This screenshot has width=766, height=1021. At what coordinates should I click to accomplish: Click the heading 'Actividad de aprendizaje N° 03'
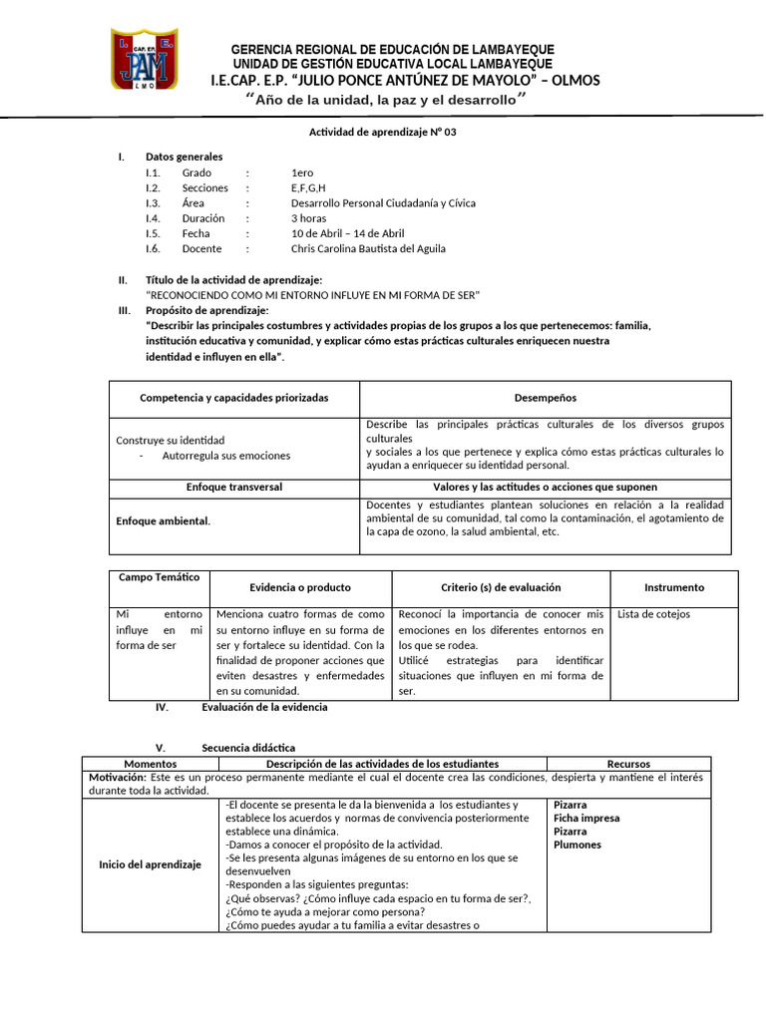click(382, 132)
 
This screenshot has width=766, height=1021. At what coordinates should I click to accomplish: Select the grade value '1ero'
click(301, 172)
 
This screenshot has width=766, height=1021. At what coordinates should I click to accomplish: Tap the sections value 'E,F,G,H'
click(308, 187)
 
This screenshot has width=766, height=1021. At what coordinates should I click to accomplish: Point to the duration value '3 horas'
click(308, 218)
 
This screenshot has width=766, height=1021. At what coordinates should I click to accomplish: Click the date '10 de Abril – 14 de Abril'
click(347, 233)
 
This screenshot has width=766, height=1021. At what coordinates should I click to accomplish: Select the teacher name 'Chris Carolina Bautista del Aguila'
click(368, 248)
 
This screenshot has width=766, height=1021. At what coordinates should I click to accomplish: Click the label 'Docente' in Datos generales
click(201, 248)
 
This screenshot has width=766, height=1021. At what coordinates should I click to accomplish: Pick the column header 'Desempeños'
click(545, 398)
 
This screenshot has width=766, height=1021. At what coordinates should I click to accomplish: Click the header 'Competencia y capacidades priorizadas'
click(233, 398)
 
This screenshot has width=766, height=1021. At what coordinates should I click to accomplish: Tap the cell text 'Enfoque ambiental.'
click(164, 520)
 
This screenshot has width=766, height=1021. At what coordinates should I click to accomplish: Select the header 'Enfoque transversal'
click(234, 487)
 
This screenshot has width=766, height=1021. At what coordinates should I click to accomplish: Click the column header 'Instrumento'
click(673, 587)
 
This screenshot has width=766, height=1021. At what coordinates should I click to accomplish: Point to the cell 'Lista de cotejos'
click(653, 614)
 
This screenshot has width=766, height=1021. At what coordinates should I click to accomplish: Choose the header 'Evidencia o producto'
click(300, 587)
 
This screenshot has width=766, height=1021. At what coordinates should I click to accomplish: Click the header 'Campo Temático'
click(160, 578)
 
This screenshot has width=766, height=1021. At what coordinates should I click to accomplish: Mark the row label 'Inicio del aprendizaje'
click(150, 863)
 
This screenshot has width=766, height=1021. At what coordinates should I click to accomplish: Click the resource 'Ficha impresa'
click(586, 819)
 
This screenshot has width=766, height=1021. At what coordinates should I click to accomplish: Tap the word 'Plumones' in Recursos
click(577, 845)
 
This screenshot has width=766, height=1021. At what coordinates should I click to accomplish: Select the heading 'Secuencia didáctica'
click(248, 748)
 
